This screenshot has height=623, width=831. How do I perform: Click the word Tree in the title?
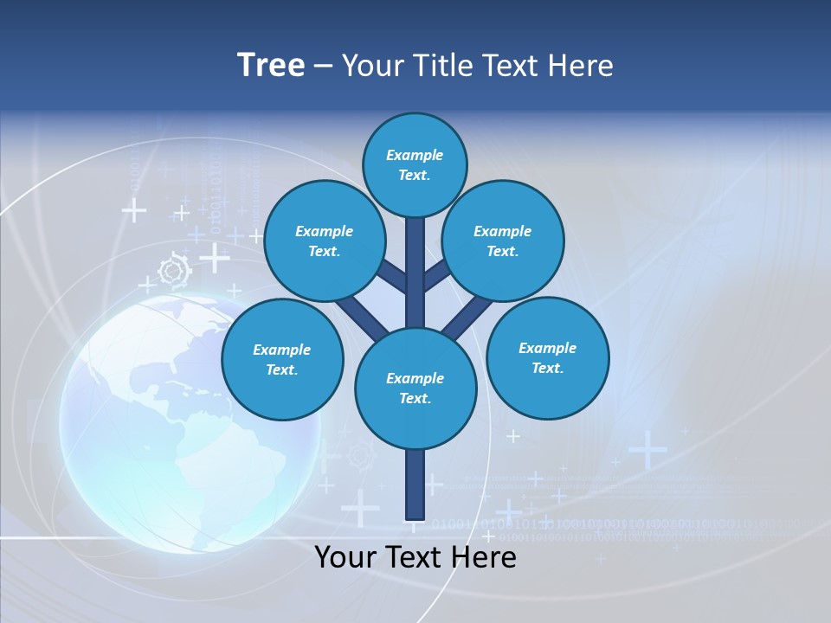coord(271,66)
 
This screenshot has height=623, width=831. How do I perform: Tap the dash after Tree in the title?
coord(323,67)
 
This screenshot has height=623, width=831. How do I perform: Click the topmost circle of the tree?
coord(415,164)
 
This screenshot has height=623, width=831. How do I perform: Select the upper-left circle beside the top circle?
coord(325,241)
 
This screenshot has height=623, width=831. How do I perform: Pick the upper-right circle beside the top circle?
coord(503,241)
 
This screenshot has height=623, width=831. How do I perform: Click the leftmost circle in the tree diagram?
coord(282,359)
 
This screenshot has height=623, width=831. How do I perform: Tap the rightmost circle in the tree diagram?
coord(548,358)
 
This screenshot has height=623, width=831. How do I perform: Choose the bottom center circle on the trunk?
coord(415,388)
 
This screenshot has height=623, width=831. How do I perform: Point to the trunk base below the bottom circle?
coord(415,485)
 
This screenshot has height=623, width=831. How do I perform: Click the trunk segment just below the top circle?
coord(415,251)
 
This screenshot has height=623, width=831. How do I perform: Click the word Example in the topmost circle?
coord(415,155)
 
